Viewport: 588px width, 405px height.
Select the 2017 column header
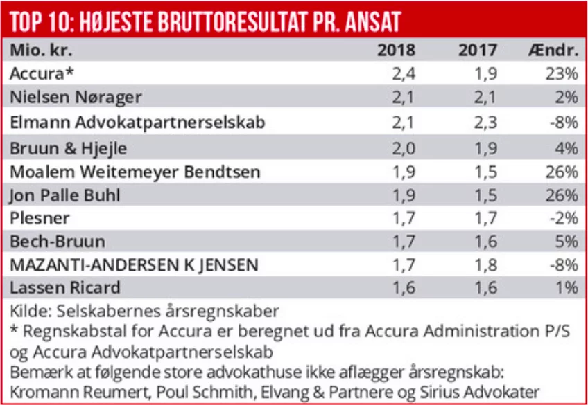478,51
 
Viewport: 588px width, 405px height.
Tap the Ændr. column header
553,51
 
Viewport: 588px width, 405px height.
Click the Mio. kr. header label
40,51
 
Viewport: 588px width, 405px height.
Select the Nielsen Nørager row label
76,97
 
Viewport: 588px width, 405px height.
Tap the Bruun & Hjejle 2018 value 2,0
404,147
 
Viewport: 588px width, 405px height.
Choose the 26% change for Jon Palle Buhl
561,195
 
